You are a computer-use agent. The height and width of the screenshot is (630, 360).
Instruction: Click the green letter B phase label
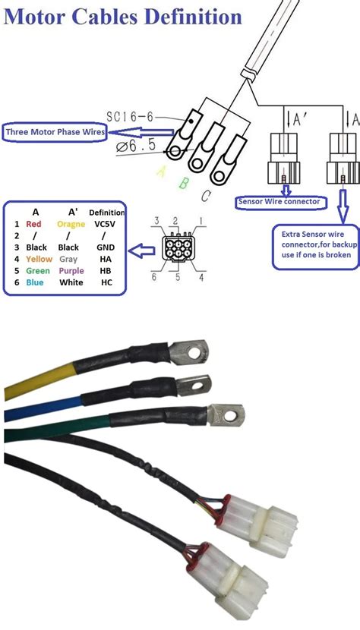[182, 182]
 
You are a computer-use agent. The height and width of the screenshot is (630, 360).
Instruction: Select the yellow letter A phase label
[160, 173]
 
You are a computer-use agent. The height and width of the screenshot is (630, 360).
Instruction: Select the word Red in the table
[33, 225]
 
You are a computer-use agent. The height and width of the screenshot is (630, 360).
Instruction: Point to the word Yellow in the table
[39, 259]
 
